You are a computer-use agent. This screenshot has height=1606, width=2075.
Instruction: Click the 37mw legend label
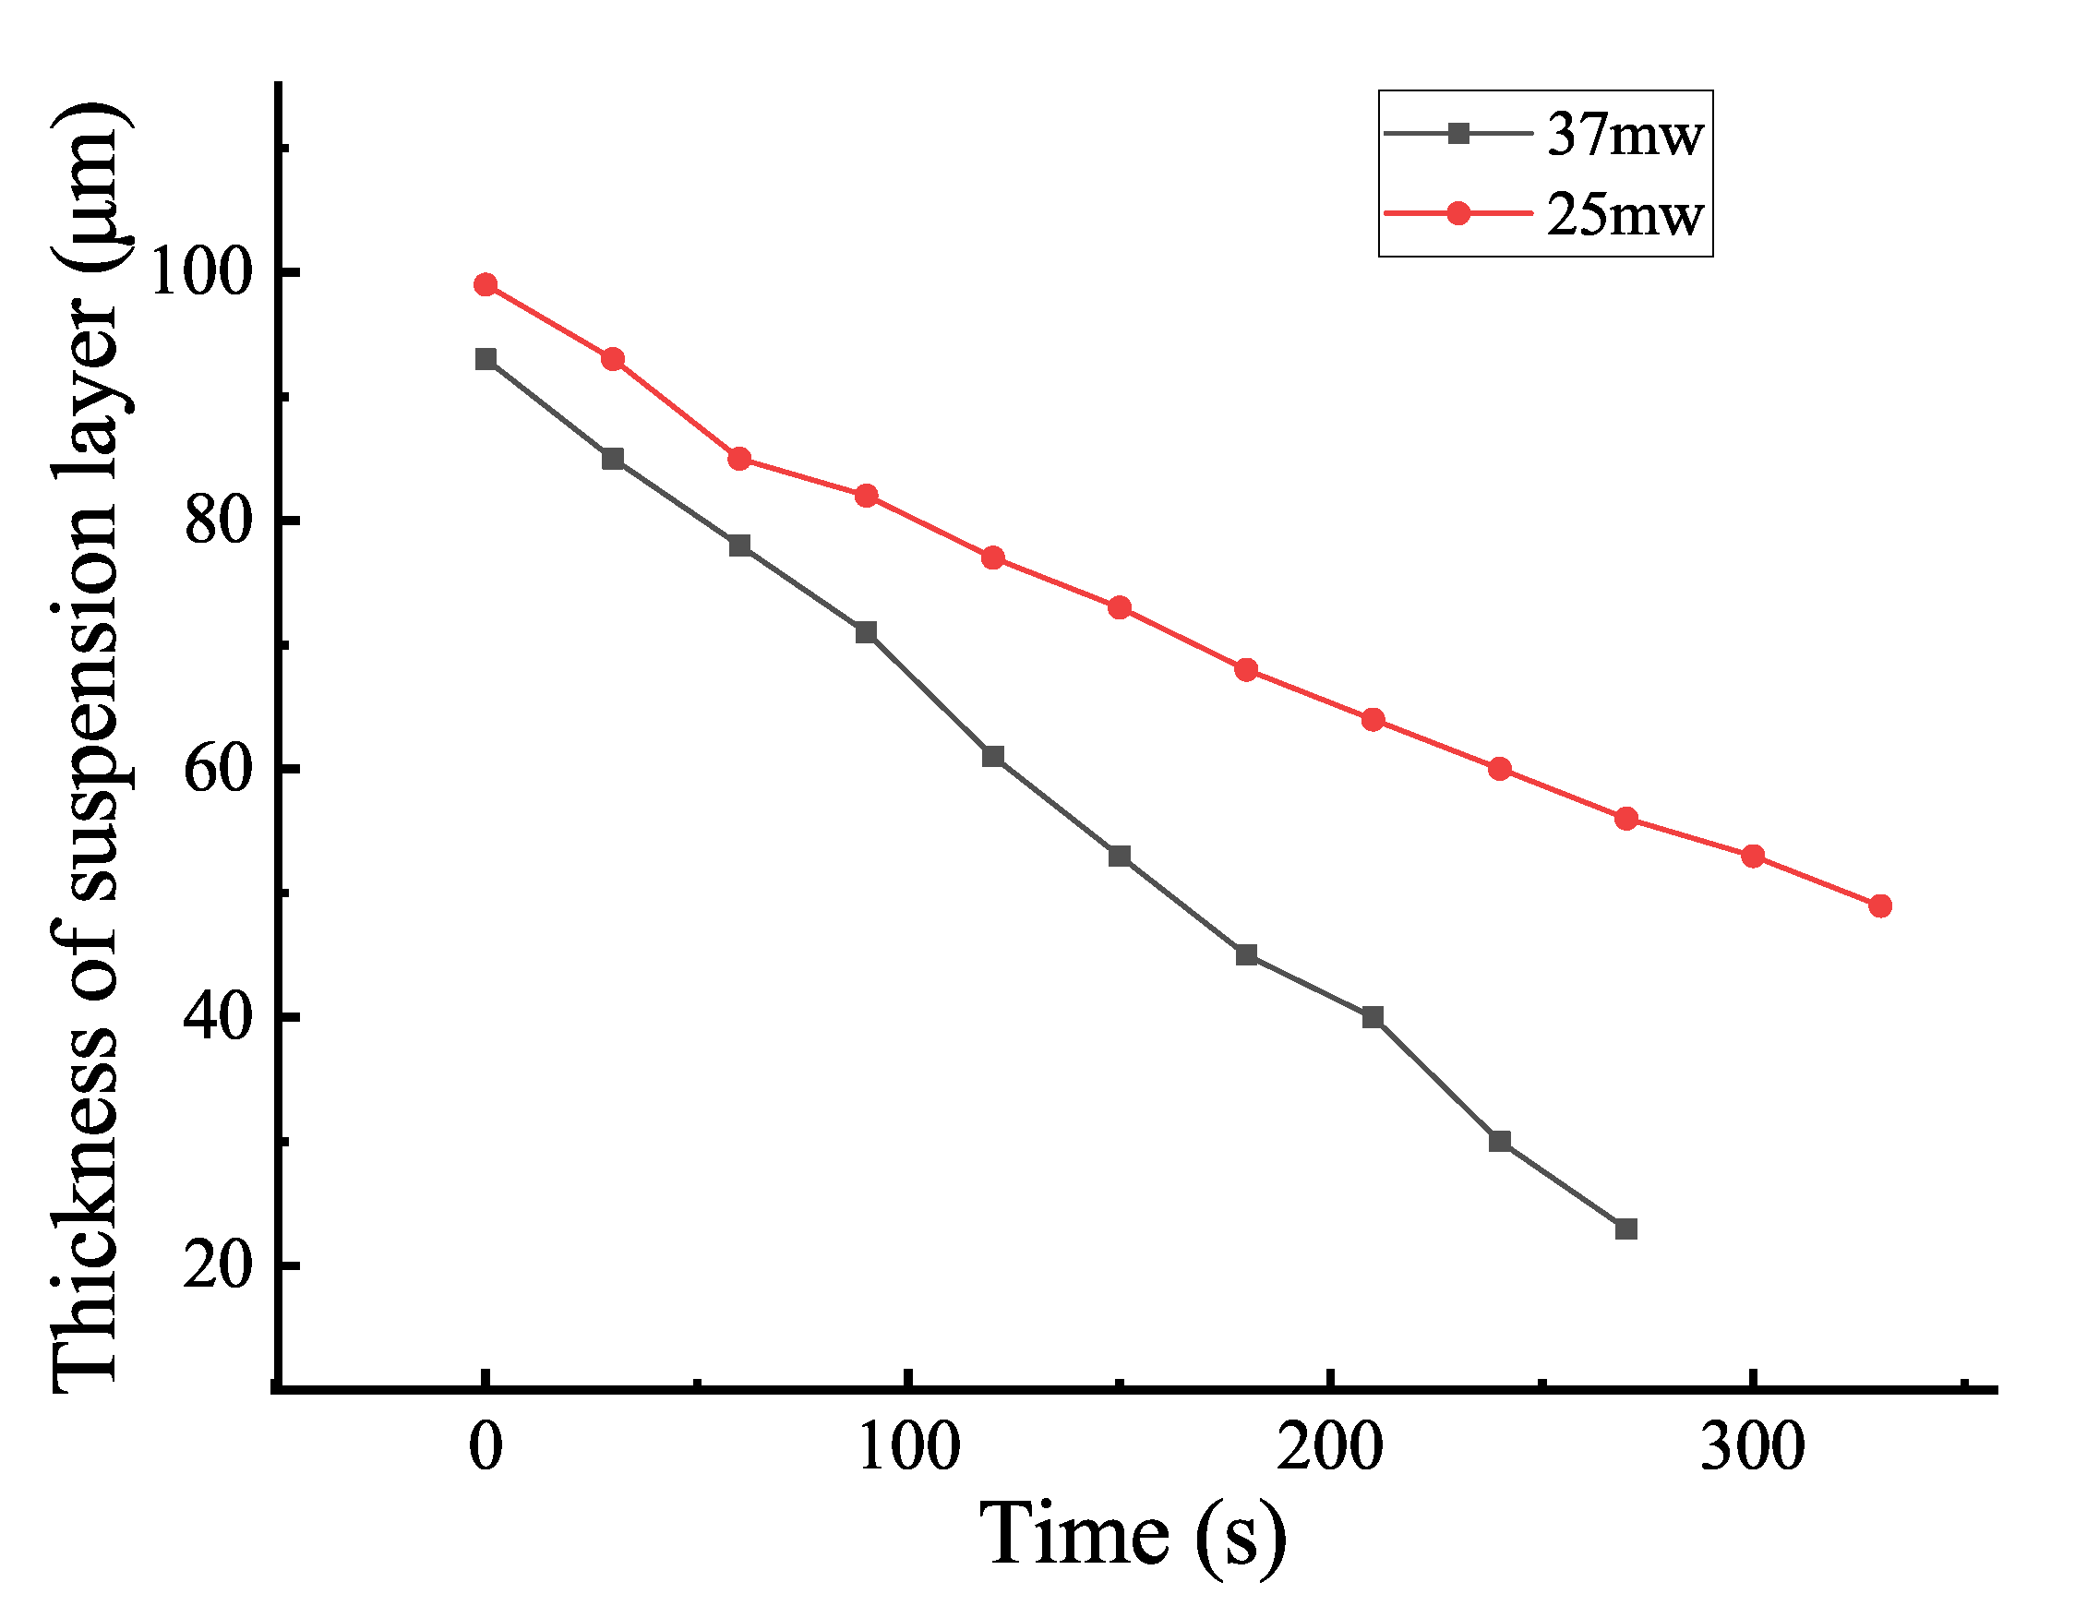(1624, 135)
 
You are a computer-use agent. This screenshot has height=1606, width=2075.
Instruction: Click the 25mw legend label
(1624, 215)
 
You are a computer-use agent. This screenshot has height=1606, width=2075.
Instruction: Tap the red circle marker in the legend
(1457, 214)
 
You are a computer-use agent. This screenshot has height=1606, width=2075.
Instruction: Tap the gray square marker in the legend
(1457, 134)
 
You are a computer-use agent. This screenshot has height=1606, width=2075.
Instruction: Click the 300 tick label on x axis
(1752, 1448)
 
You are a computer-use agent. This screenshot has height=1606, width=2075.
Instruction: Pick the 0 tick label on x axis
(486, 1448)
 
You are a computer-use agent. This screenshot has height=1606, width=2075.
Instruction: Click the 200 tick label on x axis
(1330, 1448)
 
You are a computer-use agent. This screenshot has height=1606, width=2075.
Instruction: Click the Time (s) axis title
(1133, 1536)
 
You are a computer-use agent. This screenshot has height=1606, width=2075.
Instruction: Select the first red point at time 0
(486, 285)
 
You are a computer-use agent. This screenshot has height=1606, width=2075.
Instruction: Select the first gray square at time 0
(486, 359)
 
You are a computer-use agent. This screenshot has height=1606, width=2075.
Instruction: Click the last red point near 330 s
(1879, 906)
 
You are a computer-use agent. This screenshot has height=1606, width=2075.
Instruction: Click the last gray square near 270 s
(1625, 1229)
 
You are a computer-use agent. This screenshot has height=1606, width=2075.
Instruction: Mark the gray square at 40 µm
(1372, 1018)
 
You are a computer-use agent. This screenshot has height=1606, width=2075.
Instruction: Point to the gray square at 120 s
(993, 757)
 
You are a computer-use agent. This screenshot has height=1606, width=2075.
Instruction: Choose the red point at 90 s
(866, 496)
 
